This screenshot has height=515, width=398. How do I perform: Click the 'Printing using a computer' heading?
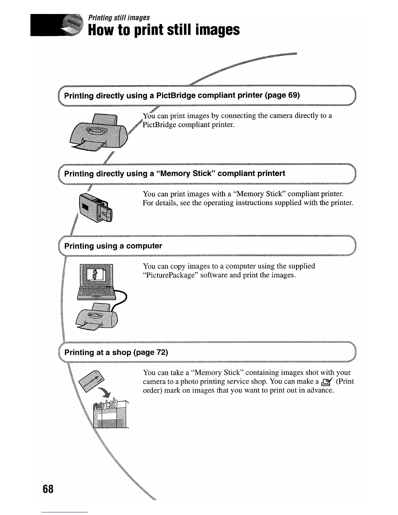pyautogui.click(x=113, y=246)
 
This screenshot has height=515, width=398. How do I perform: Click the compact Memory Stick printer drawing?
pyautogui.click(x=95, y=208)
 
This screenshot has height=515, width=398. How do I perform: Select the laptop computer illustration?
pyautogui.click(x=97, y=282)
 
